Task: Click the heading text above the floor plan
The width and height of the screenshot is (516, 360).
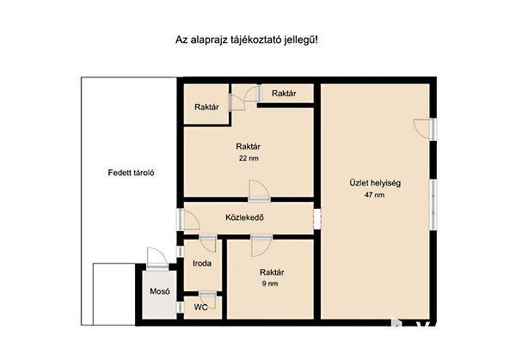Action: click(x=247, y=40)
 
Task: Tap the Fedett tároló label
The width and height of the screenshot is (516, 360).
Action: click(x=131, y=173)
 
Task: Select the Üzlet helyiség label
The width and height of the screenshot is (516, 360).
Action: click(x=375, y=183)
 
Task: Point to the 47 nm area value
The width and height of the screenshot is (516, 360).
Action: click(x=374, y=195)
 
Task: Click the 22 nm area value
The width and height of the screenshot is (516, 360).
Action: click(x=249, y=158)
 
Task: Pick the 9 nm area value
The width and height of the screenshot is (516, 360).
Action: click(x=270, y=284)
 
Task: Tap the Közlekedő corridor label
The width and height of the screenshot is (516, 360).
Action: click(x=245, y=217)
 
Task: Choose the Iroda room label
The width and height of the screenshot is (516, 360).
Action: click(x=202, y=264)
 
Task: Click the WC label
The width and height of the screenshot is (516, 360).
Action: click(x=200, y=308)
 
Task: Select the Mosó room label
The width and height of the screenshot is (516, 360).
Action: click(x=160, y=291)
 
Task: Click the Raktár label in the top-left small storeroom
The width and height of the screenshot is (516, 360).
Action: click(x=206, y=107)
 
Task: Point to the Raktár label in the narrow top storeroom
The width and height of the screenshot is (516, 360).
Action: click(x=284, y=94)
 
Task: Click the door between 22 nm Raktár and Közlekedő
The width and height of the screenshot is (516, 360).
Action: click(x=259, y=191)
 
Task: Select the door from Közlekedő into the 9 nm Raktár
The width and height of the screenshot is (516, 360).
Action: click(x=261, y=246)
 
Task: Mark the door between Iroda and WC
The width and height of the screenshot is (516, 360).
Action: click(x=208, y=300)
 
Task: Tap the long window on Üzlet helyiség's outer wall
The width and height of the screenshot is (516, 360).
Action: click(x=433, y=204)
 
